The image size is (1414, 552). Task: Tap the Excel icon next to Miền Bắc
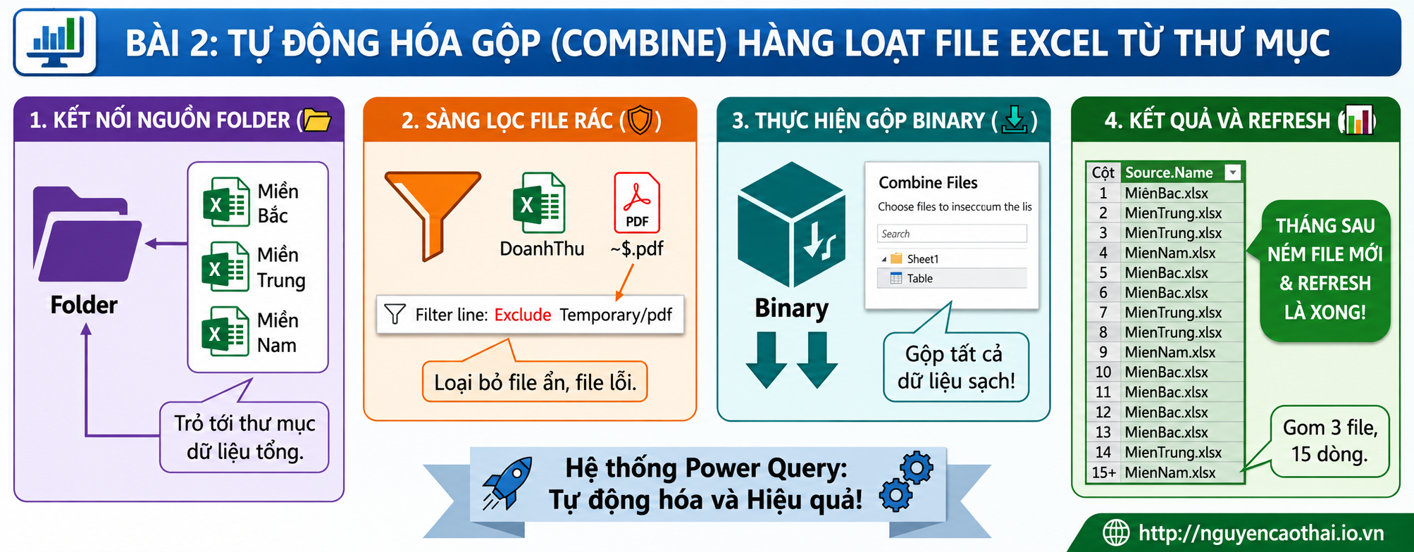point(226,202)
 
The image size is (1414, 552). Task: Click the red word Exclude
point(523,315)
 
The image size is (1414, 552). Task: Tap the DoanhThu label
point(542,249)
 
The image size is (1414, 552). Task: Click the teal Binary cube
point(791,224)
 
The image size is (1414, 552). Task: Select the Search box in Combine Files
point(952,234)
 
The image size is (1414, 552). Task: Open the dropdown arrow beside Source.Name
point(1232,172)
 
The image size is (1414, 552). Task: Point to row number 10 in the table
point(1103,372)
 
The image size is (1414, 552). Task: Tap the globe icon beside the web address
point(1116,532)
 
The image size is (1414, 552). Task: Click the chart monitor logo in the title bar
point(56,42)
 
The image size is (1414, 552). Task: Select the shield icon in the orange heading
point(640,120)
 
